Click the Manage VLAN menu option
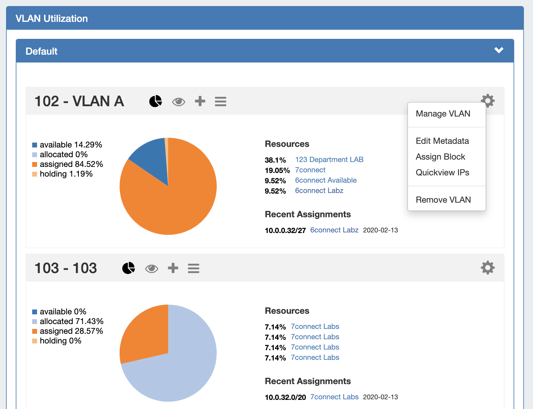[x=443, y=114]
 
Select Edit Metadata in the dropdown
[x=442, y=141]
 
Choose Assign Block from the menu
[x=440, y=157]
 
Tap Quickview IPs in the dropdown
[x=442, y=173]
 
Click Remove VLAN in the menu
[x=443, y=200]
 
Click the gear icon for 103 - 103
[x=487, y=268]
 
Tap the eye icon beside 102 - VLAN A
[x=178, y=102]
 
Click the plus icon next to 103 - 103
[x=173, y=268]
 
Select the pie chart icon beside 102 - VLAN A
[x=155, y=101]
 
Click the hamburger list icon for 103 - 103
[x=193, y=268]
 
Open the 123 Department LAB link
[x=329, y=160]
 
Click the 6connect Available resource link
[x=326, y=180]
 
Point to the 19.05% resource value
[x=277, y=171]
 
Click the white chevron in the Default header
[x=499, y=50]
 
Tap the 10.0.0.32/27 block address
[x=285, y=231]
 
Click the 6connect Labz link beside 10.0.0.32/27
[x=334, y=230]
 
